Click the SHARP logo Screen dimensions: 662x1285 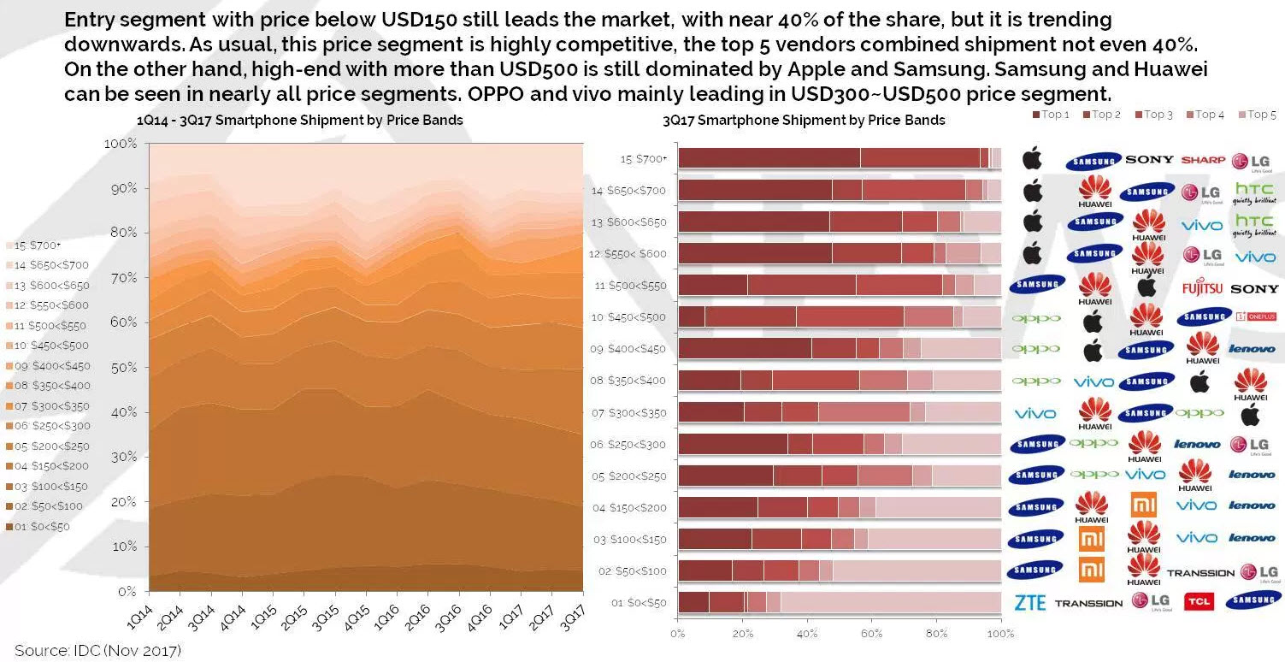click(x=1203, y=160)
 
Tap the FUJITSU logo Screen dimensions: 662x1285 click(x=1203, y=289)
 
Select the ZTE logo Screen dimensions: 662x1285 click(x=1030, y=602)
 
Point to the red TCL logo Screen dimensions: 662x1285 click(x=1198, y=602)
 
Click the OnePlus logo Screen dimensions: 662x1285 click(x=1254, y=316)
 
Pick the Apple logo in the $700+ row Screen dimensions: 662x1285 click(x=1032, y=159)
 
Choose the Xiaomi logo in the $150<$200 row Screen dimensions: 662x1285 click(x=1143, y=505)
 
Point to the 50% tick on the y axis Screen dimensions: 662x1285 click(x=125, y=368)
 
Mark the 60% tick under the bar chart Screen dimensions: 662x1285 click(x=872, y=634)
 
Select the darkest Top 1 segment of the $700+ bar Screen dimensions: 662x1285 click(x=769, y=158)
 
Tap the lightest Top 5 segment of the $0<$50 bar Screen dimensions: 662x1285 click(x=889, y=601)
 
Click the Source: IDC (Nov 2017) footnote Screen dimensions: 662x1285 click(x=98, y=650)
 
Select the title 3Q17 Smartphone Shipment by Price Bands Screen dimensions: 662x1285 click(x=804, y=121)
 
